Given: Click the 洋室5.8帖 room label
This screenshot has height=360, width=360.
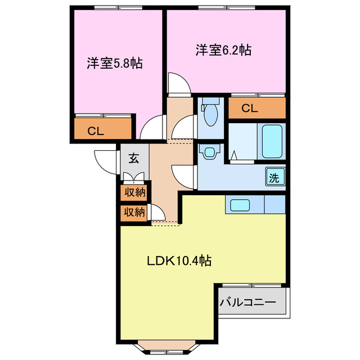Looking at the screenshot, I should click(x=114, y=64).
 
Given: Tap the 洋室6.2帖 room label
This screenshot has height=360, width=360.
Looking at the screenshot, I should click(x=223, y=50).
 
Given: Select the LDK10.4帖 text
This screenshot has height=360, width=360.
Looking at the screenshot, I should click(x=179, y=261).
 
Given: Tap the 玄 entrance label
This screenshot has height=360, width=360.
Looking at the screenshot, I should click(x=134, y=159).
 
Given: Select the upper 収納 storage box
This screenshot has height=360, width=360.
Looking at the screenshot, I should click(x=135, y=192).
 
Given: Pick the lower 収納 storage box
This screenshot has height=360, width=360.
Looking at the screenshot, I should click(x=135, y=212).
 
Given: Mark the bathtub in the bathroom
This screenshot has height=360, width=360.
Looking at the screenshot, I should click(x=271, y=141).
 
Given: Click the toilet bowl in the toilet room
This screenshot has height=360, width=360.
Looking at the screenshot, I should click(x=211, y=113).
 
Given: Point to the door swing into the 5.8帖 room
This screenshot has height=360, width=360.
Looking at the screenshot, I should click(x=152, y=128).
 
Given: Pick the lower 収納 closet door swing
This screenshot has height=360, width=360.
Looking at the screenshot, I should click(x=157, y=214).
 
